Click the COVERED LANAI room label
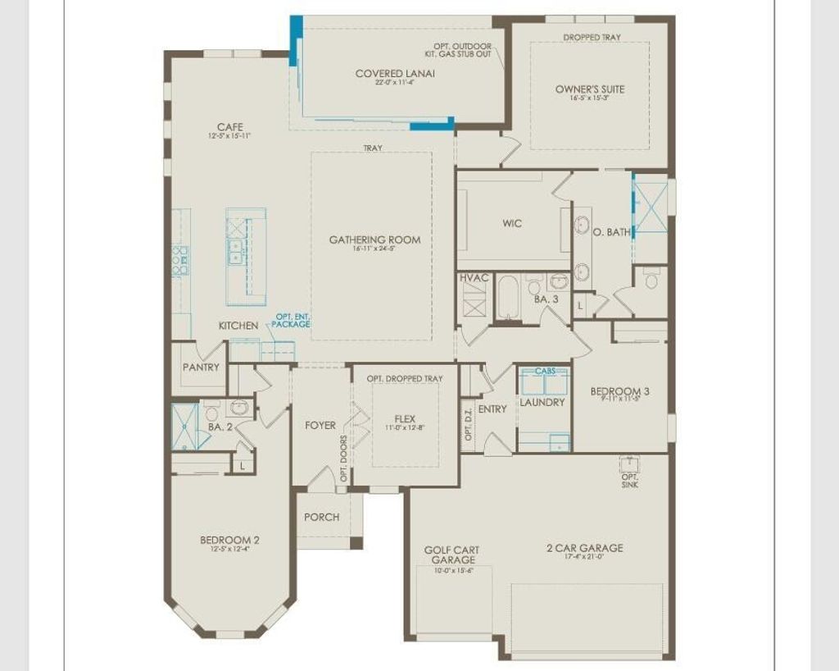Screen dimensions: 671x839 pyautogui.click(x=395, y=74)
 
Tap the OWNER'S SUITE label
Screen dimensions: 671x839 pyautogui.click(x=589, y=89)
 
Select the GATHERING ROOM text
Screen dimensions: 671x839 pyautogui.click(x=374, y=240)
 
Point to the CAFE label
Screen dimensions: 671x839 pyautogui.click(x=229, y=127)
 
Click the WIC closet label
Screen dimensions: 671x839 pyautogui.click(x=512, y=223)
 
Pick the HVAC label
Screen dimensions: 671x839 pyautogui.click(x=474, y=278)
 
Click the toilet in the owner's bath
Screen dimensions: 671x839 pyautogui.click(x=652, y=281)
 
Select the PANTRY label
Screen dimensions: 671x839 pyautogui.click(x=201, y=367)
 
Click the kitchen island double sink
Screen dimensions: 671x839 pyautogui.click(x=236, y=251)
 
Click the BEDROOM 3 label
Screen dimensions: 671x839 pyautogui.click(x=619, y=391)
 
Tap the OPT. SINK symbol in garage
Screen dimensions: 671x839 pyautogui.click(x=629, y=463)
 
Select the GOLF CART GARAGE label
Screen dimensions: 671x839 pyautogui.click(x=451, y=555)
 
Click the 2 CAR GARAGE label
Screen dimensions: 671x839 pyautogui.click(x=584, y=548)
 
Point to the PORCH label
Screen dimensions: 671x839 pyautogui.click(x=321, y=517)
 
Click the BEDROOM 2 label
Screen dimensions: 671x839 pyautogui.click(x=229, y=540)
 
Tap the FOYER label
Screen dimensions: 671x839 pyautogui.click(x=320, y=425)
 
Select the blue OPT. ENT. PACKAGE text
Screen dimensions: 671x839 pyautogui.click(x=293, y=321)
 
